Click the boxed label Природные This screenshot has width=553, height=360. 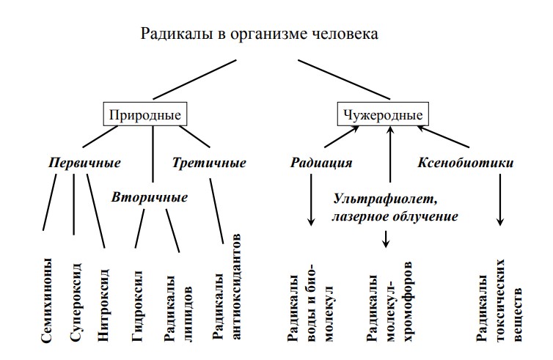coord(144,115)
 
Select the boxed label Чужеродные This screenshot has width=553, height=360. coord(384,115)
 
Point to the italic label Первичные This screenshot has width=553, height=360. coord(84,162)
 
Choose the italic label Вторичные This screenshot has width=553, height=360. coord(150,196)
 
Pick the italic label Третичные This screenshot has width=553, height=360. coord(209,162)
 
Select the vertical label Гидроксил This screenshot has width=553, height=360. coord(138,306)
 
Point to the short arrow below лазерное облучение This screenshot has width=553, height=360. coord(387,238)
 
